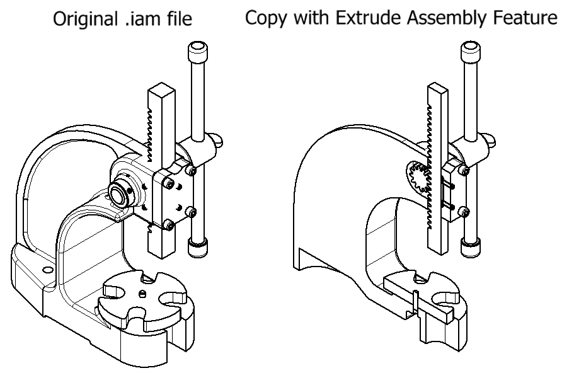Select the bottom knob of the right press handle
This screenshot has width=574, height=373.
pos(471,246)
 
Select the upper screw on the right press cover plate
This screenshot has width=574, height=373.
pos(464,169)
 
